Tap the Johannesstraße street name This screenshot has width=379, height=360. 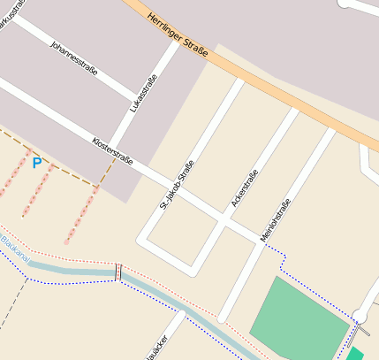click(74, 57)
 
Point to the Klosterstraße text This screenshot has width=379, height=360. click(112, 152)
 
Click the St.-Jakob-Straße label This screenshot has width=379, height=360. click(177, 184)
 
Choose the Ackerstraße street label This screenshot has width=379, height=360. click(245, 188)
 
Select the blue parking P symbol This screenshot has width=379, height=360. click(36, 163)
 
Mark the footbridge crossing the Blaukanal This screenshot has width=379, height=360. click(117, 272)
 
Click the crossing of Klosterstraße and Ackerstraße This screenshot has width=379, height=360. click(228, 222)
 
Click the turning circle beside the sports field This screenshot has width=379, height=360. click(360, 316)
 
